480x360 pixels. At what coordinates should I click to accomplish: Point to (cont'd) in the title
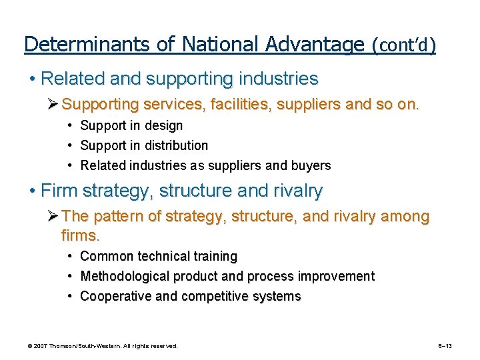point(404,45)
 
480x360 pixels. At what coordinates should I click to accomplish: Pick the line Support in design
point(131,125)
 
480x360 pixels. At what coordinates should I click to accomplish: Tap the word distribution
point(175,145)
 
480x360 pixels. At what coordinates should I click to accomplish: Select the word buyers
point(310,165)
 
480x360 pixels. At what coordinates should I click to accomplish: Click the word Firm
point(57,191)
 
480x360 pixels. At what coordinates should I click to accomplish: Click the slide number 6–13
point(445,346)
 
